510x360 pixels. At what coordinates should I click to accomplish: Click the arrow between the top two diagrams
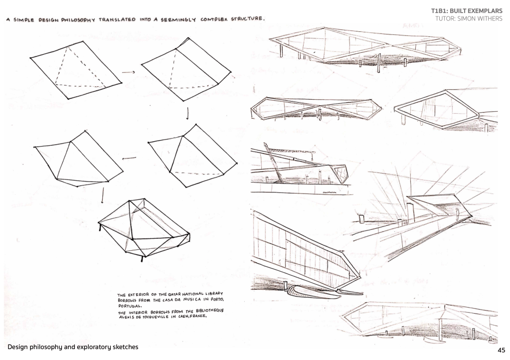coord(128,72)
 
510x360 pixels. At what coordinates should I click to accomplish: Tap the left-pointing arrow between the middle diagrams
coord(130,159)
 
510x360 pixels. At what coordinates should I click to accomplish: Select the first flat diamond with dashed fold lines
coord(75,70)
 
